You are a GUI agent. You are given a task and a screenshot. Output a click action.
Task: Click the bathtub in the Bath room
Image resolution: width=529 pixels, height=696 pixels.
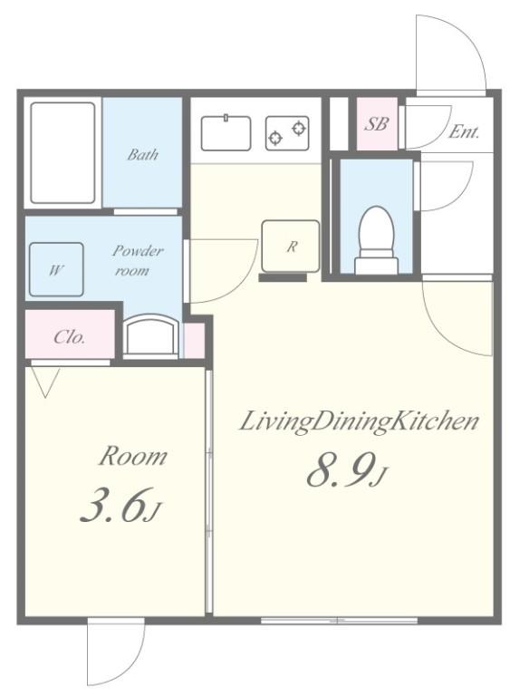(63, 153)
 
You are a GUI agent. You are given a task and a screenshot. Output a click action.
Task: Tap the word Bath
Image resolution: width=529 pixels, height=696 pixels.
(142, 154)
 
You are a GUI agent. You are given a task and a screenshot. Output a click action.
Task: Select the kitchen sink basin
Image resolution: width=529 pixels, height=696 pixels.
(226, 132)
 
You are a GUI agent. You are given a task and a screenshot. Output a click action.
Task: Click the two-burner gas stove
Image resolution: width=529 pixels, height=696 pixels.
(287, 132)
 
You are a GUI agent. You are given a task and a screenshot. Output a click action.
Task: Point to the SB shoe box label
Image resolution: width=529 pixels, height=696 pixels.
(376, 124)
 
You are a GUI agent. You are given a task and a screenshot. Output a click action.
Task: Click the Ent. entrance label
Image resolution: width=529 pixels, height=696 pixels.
(464, 131)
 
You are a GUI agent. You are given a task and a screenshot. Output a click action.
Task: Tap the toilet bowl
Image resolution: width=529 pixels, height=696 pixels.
(376, 239)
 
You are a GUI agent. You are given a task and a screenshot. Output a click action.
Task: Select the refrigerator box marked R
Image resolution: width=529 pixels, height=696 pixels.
(290, 246)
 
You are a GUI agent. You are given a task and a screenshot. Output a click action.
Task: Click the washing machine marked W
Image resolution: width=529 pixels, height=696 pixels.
(56, 269)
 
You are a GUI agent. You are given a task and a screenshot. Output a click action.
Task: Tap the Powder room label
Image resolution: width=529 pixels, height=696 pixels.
(137, 261)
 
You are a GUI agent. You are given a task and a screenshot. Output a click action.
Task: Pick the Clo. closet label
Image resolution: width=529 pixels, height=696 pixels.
(69, 337)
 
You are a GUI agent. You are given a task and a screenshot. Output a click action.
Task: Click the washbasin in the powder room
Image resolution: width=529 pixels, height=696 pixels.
(150, 334)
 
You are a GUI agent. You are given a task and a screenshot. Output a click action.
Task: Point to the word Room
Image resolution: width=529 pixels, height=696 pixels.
(132, 456)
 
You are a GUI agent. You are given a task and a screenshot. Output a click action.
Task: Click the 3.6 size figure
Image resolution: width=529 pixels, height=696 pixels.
(119, 505)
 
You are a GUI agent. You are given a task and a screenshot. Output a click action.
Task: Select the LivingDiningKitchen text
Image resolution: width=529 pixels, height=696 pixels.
(359, 421)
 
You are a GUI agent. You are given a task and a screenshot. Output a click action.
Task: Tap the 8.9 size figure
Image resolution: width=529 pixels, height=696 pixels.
(347, 470)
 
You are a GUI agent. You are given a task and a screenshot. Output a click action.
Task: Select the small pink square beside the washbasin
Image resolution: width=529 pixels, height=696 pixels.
(195, 341)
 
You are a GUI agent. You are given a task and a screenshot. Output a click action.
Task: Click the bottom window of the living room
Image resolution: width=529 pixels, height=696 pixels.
(339, 620)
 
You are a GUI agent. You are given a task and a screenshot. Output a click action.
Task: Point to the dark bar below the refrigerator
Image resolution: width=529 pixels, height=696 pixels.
(283, 278)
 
